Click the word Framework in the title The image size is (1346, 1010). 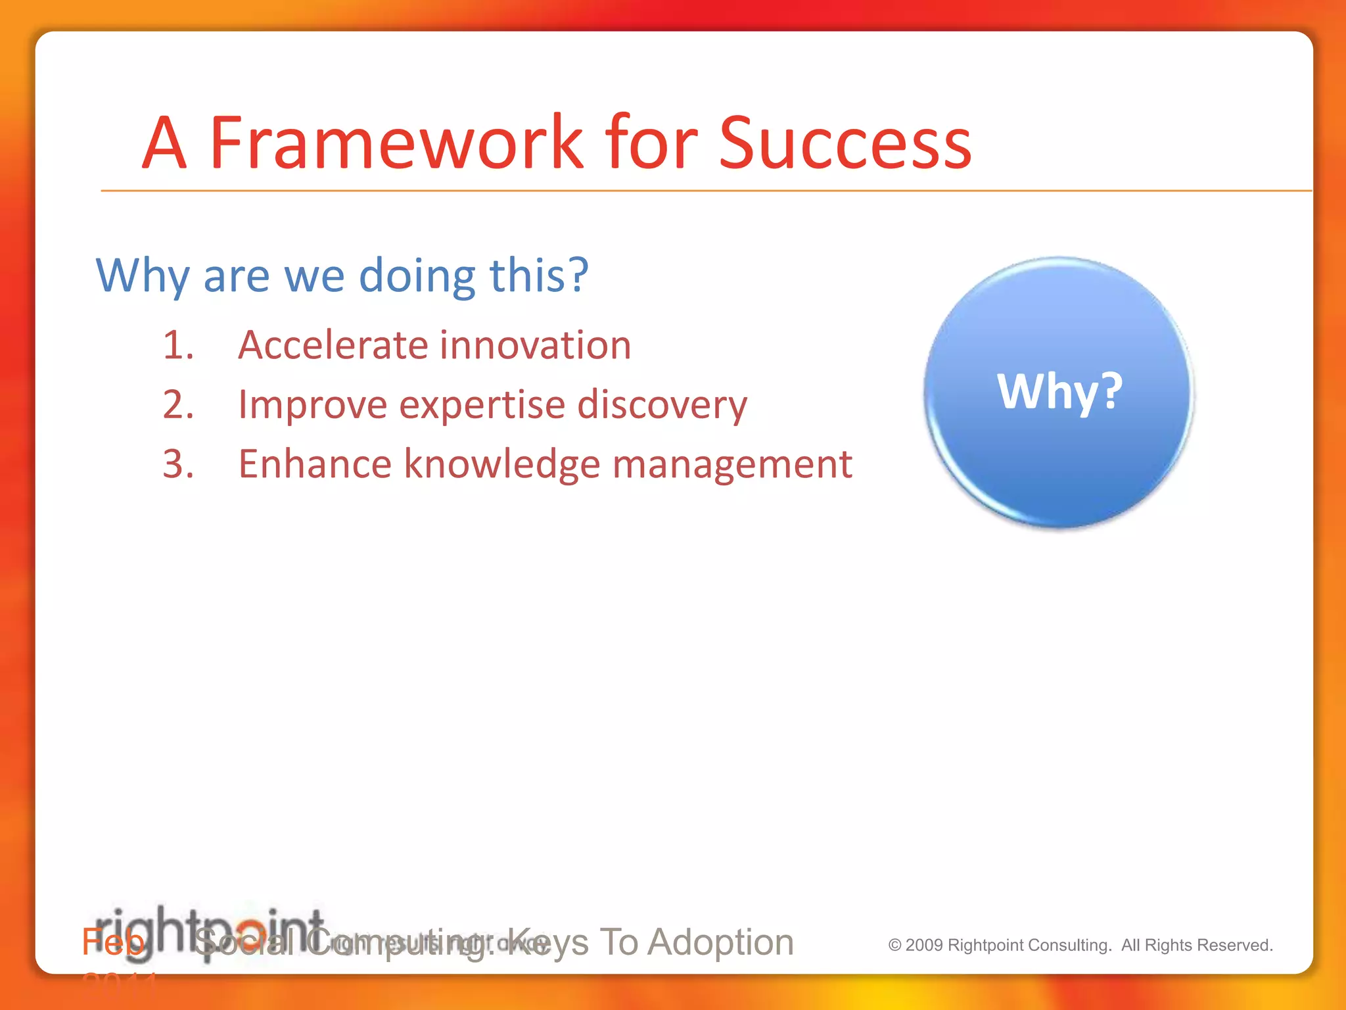pyautogui.click(x=396, y=143)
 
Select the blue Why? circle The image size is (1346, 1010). pyautogui.click(x=1059, y=393)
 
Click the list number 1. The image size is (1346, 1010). pyautogui.click(x=178, y=345)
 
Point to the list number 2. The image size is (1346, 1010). pyautogui.click(x=178, y=404)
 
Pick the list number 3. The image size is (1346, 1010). pyautogui.click(x=178, y=464)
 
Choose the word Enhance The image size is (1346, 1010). pyautogui.click(x=314, y=464)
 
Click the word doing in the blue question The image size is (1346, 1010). pyautogui.click(x=417, y=275)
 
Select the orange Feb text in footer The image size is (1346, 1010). pyautogui.click(x=112, y=942)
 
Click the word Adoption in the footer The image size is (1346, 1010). pyautogui.click(x=720, y=942)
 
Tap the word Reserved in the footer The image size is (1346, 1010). pyautogui.click(x=1240, y=945)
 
